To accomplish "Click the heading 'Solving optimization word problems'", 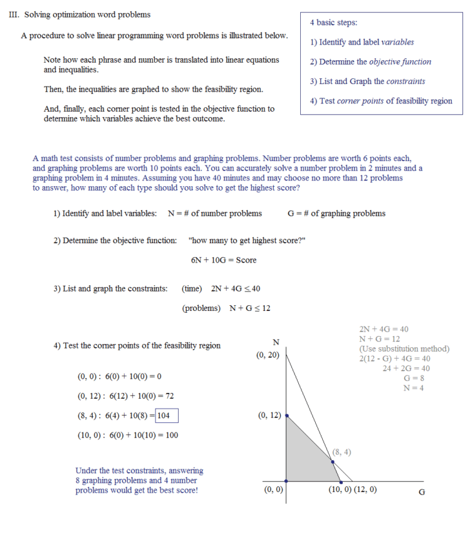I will point(87,14).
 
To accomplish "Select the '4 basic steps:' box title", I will point(333,23).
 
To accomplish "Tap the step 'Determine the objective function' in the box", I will point(371,62).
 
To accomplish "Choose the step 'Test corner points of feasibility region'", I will point(381,101).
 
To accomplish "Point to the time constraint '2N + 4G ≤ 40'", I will point(236,288).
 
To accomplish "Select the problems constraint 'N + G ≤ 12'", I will point(250,308).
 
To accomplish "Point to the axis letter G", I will point(422,492).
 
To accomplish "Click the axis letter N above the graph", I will point(276,341).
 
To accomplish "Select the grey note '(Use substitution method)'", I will point(404,349).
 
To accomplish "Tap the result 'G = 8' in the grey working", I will point(414,378).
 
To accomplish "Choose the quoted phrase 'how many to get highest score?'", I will point(247,240).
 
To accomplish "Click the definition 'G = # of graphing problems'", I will point(336,213).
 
